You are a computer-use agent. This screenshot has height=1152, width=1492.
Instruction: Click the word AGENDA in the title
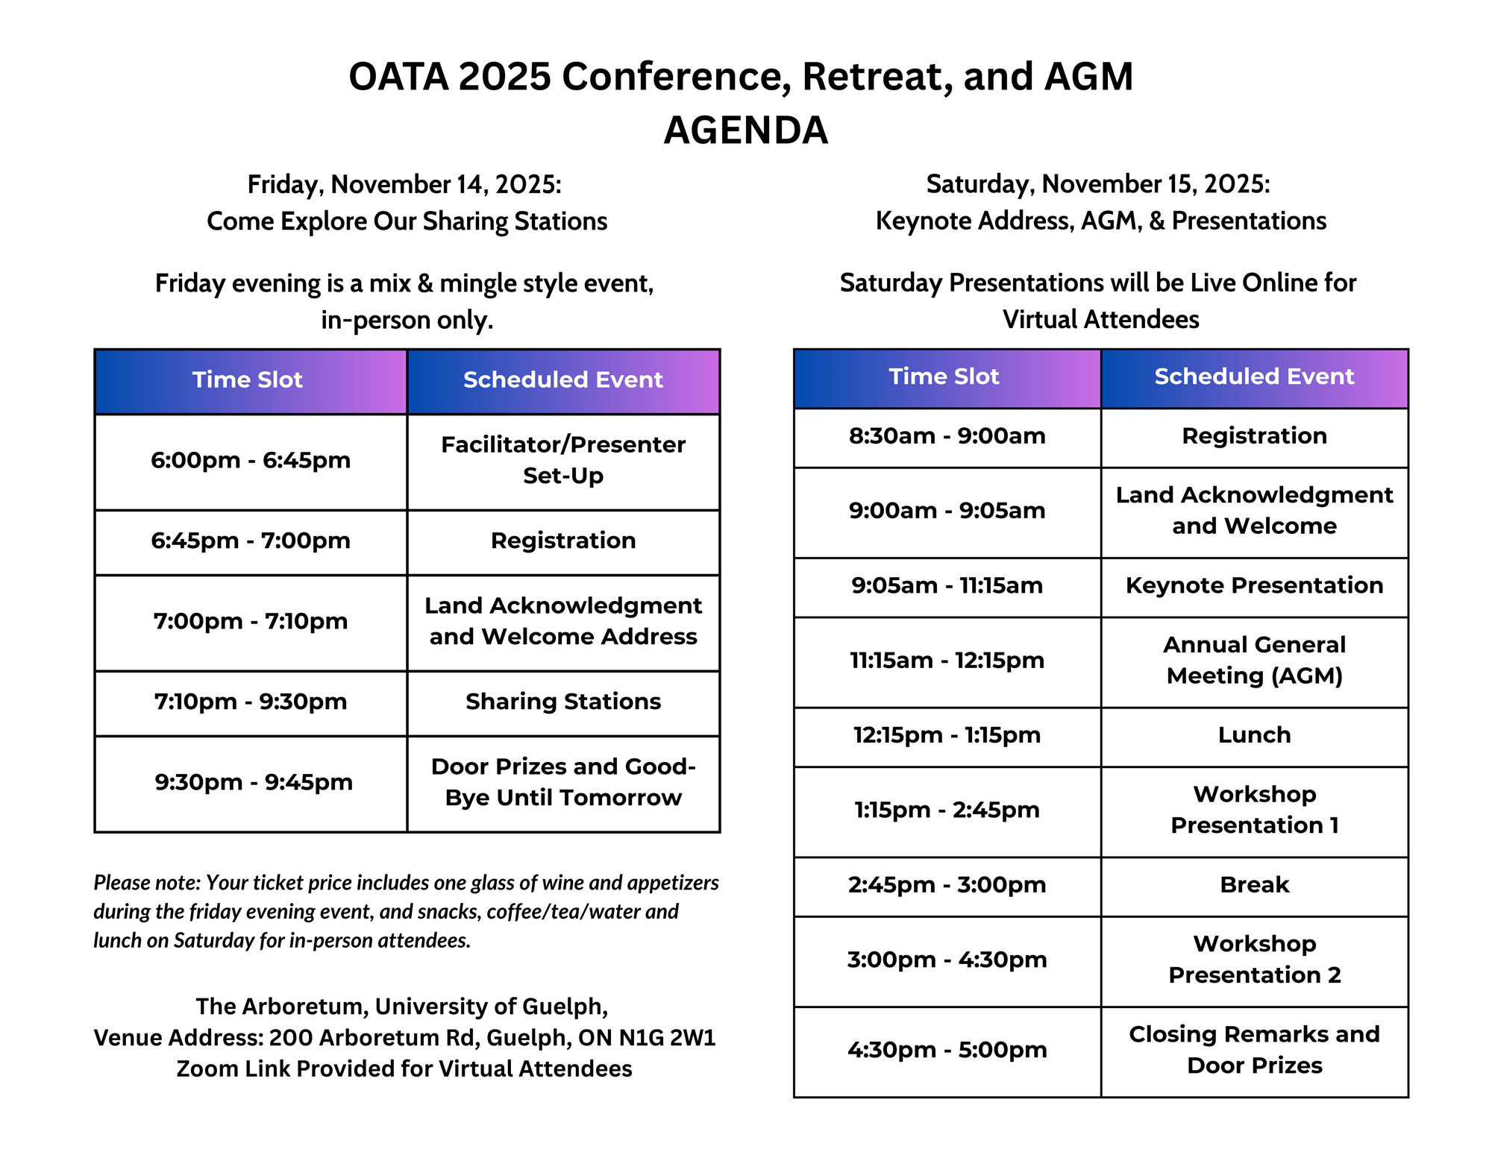point(746,130)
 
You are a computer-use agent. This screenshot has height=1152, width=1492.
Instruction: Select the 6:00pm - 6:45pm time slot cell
point(251,462)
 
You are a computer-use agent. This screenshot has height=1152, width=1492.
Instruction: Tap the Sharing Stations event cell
point(563,703)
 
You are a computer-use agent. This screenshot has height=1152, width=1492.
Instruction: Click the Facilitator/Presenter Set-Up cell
point(563,462)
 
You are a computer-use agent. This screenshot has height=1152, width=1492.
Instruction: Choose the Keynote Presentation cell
point(1255,587)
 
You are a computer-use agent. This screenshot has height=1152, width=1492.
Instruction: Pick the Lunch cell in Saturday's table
point(1255,737)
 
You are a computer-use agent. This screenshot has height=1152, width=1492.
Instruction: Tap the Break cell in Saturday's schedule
point(1255,887)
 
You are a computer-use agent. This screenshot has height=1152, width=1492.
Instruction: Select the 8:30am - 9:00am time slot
point(947,438)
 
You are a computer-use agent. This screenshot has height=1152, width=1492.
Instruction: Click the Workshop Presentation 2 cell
point(1255,962)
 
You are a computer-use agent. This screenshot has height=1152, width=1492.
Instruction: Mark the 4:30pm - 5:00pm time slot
point(947,1052)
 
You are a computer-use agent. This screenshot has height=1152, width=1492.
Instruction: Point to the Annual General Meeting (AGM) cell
point(1255,662)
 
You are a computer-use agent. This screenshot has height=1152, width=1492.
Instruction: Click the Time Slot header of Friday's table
point(251,381)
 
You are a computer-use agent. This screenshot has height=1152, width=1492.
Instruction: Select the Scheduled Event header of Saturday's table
point(1255,378)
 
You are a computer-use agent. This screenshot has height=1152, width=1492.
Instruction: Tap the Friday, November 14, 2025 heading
point(404,184)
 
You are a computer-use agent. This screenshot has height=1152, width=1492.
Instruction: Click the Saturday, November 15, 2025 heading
point(1098,183)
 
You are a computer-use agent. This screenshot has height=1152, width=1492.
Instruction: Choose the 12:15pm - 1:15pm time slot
point(947,737)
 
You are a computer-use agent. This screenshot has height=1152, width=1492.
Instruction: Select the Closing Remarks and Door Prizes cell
point(1255,1052)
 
